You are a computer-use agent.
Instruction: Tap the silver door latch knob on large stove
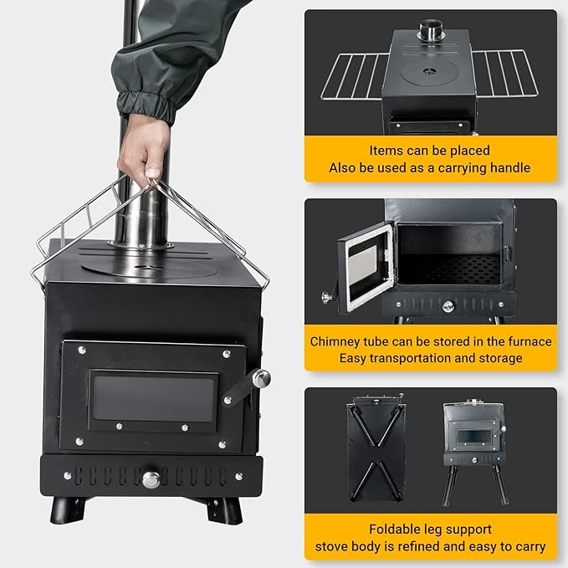[261, 379]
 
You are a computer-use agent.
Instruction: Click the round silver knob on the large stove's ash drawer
[151, 479]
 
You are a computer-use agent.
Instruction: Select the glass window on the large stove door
[154, 398]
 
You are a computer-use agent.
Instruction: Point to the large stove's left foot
[68, 510]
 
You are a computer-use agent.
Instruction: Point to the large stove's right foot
[223, 511]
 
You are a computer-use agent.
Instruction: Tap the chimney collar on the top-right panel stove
[431, 30]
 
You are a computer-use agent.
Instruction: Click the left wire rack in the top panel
[354, 76]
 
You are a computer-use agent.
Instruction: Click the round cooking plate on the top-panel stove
[429, 72]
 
